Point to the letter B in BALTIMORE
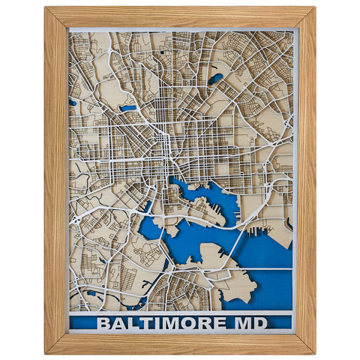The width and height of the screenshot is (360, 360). [103, 323]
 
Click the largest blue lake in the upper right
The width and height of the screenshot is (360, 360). [216, 77]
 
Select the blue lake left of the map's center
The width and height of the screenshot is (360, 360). [128, 108]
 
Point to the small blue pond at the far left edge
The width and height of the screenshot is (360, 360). [73, 102]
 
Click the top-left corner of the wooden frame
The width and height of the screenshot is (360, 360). [46, 9]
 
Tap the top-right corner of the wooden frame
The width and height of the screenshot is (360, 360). [313, 9]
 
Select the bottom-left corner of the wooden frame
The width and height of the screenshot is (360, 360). [46, 351]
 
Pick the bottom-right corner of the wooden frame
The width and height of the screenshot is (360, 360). [313, 351]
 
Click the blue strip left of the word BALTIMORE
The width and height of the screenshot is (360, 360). [82, 323]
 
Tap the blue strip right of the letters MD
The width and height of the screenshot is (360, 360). [277, 323]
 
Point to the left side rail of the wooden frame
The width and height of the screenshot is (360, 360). [55, 180]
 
